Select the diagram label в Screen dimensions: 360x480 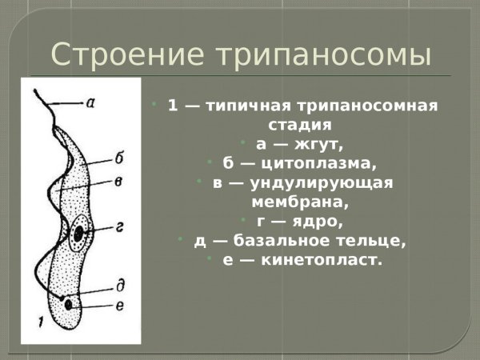point(118,182)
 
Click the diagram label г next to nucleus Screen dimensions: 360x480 point(119,226)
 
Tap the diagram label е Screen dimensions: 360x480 point(119,304)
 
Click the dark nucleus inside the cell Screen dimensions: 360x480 point(79,233)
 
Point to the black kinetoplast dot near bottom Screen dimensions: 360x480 point(70,304)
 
